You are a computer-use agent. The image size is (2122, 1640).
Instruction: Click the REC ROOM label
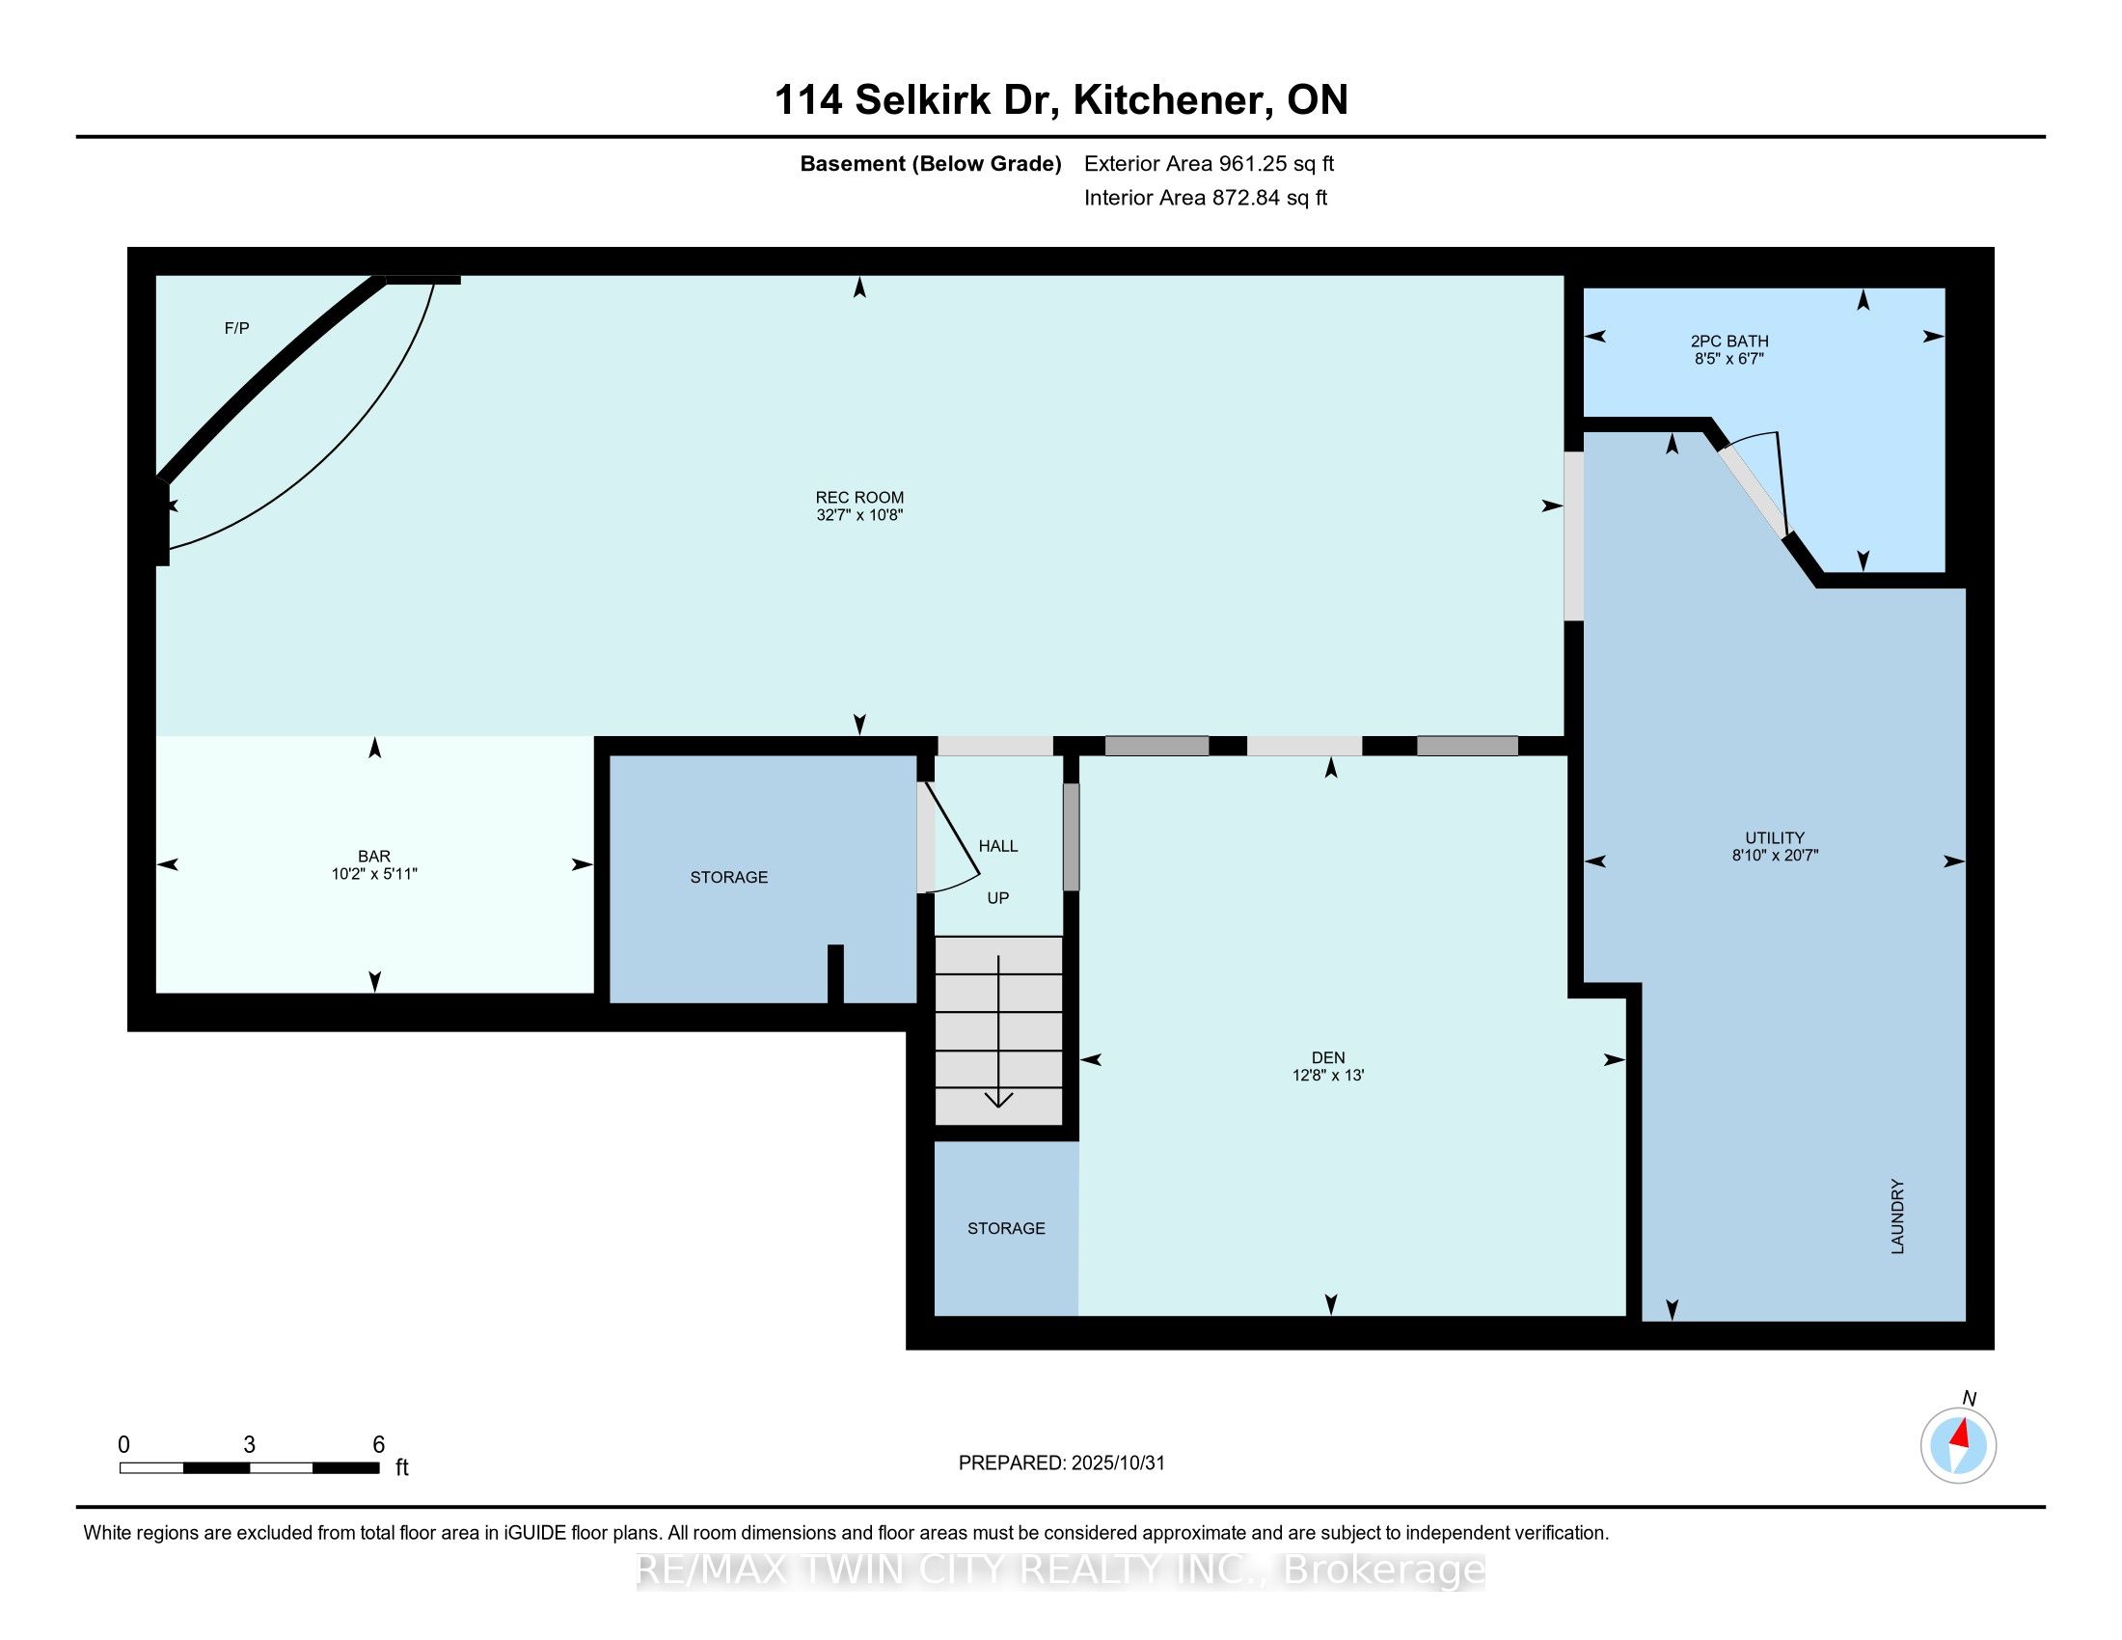858,498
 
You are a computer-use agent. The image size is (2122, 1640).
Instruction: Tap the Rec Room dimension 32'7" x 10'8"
858,515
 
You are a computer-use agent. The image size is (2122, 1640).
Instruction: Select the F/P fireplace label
237,328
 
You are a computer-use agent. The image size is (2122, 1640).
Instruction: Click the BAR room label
374,856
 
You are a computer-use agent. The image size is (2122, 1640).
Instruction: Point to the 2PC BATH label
1729,341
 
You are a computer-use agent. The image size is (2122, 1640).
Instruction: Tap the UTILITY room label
1774,837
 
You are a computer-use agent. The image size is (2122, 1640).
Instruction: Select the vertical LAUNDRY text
1896,1216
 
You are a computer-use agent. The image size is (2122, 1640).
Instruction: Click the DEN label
1328,1058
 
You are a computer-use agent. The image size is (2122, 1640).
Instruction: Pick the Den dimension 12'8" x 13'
1328,1076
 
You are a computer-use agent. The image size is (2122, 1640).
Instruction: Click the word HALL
998,846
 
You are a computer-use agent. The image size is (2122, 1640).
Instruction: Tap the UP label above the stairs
998,898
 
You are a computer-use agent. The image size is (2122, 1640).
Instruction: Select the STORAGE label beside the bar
728,877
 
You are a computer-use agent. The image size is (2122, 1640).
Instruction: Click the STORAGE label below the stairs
1006,1228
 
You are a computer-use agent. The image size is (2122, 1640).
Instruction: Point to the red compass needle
1962,1434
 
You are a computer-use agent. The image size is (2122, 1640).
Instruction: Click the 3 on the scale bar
250,1445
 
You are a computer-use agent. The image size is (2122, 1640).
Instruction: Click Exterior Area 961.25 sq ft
1209,164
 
